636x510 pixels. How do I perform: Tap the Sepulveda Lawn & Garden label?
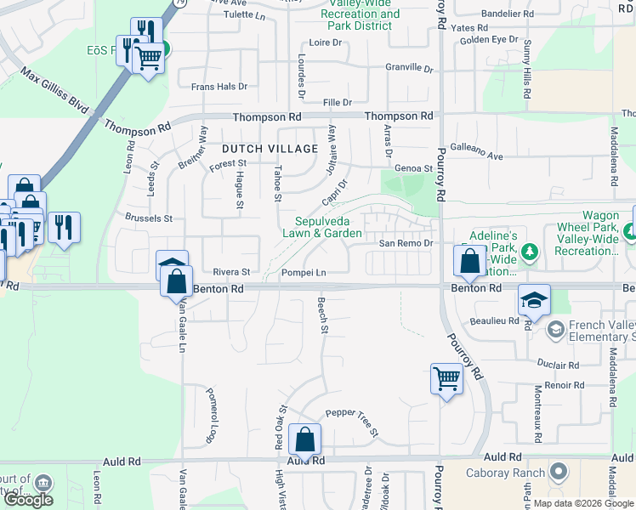(x=322, y=227)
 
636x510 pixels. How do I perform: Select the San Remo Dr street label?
(x=406, y=243)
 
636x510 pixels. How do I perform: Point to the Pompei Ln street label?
(x=303, y=273)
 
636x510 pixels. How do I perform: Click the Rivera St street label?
(x=231, y=273)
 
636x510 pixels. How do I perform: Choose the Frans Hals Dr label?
(x=219, y=87)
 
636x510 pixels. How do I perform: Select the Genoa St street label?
(x=415, y=168)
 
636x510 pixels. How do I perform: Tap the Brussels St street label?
(x=149, y=218)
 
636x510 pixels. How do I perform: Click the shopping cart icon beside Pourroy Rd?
(x=446, y=377)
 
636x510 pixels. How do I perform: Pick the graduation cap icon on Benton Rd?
(x=534, y=299)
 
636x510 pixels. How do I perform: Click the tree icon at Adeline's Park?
(x=530, y=252)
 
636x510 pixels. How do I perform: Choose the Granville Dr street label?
(x=409, y=67)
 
